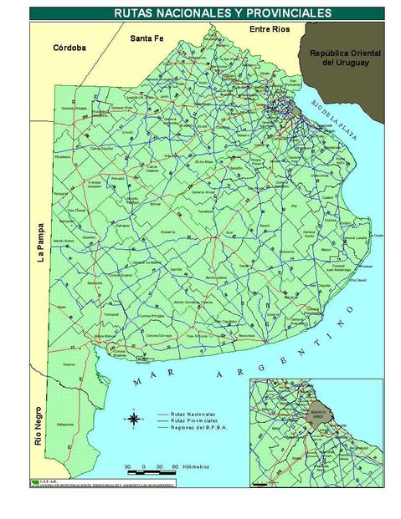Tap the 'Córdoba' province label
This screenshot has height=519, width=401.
[x=69, y=48]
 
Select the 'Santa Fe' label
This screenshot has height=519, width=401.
[x=146, y=38]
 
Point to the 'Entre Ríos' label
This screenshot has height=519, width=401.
[x=270, y=29]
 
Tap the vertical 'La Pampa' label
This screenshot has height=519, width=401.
[x=39, y=245]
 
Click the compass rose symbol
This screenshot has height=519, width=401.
[x=134, y=420]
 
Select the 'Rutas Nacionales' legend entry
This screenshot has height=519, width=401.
[x=193, y=415]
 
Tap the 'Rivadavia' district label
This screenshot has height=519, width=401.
[x=61, y=156]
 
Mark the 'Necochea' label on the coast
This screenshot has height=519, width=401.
[x=245, y=335]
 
